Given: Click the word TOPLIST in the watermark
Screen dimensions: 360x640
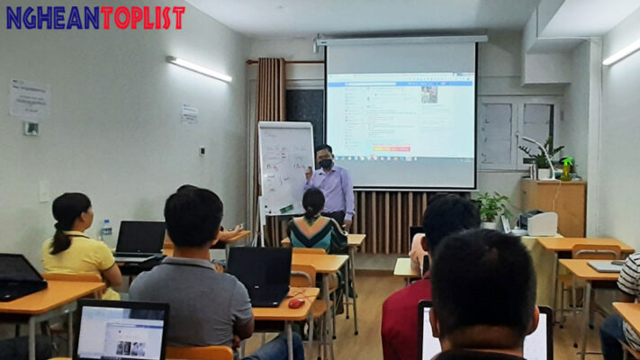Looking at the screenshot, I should pyautogui.click(x=142, y=17).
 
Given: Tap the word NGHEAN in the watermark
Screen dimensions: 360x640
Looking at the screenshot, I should pyautogui.click(x=52, y=17).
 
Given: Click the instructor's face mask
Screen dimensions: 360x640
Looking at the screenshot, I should pyautogui.click(x=325, y=164).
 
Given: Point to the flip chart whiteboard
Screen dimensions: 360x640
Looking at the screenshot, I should pyautogui.click(x=285, y=166).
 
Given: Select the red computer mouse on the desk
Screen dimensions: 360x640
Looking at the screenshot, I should pyautogui.click(x=296, y=303).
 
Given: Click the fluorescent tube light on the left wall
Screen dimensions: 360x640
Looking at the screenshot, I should pyautogui.click(x=198, y=68).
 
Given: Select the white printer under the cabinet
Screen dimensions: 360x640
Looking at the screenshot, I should pyautogui.click(x=541, y=224).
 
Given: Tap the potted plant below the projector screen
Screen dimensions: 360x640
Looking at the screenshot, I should pyautogui.click(x=491, y=208).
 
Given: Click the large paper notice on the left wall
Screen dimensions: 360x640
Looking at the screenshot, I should pyautogui.click(x=30, y=99).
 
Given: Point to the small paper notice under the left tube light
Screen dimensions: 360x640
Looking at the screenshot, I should pyautogui.click(x=190, y=114).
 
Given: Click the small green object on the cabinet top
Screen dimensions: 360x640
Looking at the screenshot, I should pyautogui.click(x=567, y=168).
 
